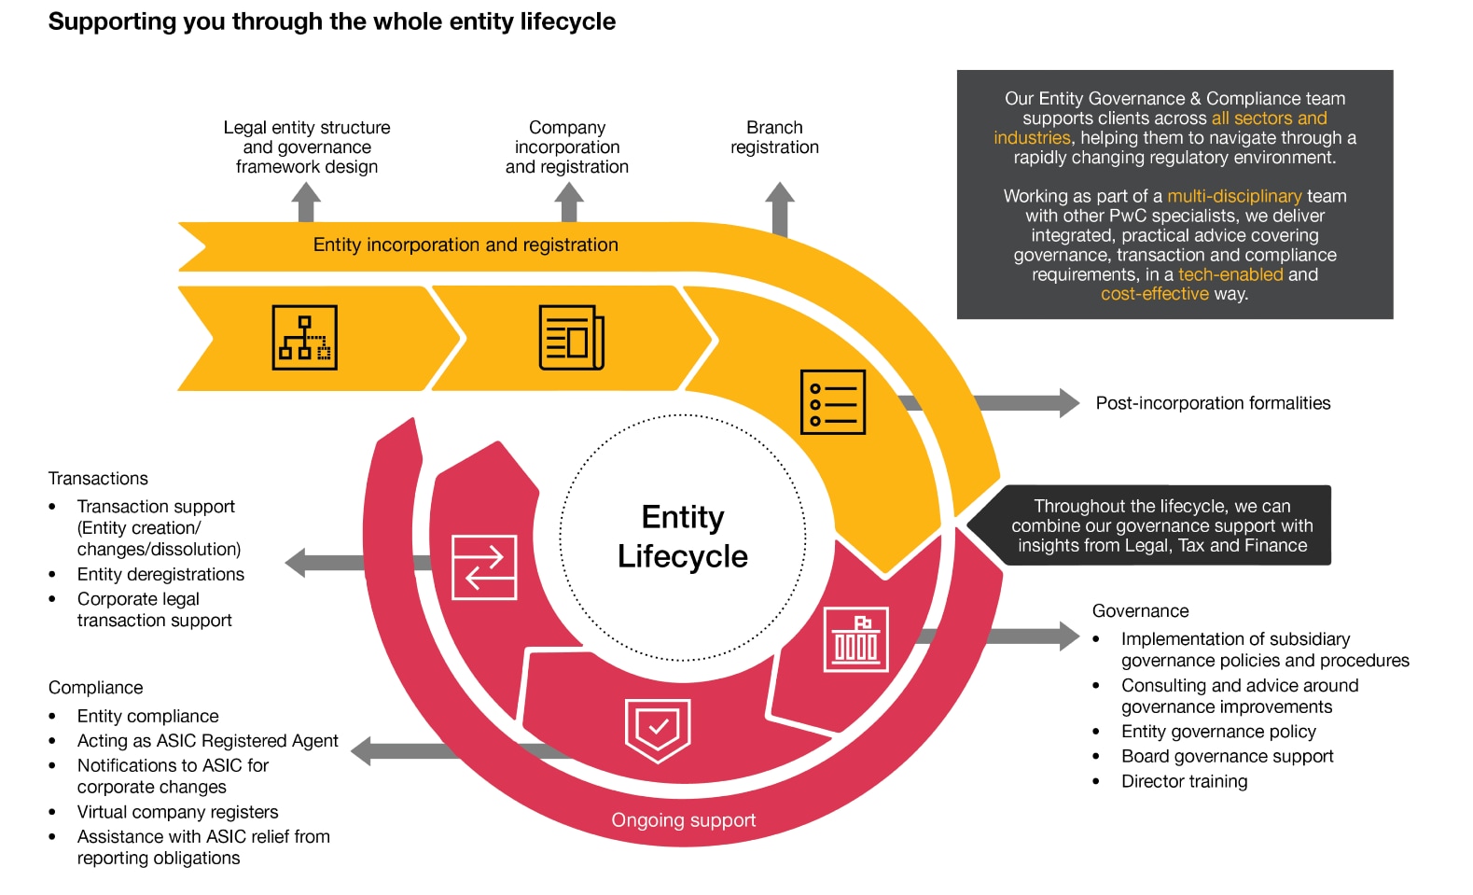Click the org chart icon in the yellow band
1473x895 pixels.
pyautogui.click(x=305, y=338)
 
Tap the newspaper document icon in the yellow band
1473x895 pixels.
pyautogui.click(x=571, y=338)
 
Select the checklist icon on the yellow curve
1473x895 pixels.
pyautogui.click(x=833, y=402)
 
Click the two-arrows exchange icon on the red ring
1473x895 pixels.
pyautogui.click(x=484, y=566)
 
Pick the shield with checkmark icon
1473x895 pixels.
pyautogui.click(x=658, y=729)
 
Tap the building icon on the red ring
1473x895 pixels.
pyautogui.click(x=855, y=639)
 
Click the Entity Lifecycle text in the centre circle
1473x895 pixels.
pyautogui.click(x=683, y=537)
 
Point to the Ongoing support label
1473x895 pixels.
pyautogui.click(x=683, y=820)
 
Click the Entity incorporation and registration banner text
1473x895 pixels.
pyautogui.click(x=466, y=245)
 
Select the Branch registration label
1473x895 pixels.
pyautogui.click(x=774, y=137)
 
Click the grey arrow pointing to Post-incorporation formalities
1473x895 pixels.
pyautogui.click(x=1026, y=403)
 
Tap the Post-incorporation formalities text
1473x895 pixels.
pyautogui.click(x=1213, y=403)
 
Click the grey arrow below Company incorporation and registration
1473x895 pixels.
pyautogui.click(x=569, y=202)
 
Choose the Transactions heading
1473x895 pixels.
pyautogui.click(x=98, y=479)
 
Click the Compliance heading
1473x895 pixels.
pyautogui.click(x=95, y=688)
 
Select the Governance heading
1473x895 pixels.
pyautogui.click(x=1140, y=611)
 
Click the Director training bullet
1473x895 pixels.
pyautogui.click(x=1184, y=782)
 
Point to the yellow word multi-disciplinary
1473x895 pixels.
pyautogui.click(x=1233, y=196)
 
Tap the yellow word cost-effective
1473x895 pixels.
pyautogui.click(x=1154, y=294)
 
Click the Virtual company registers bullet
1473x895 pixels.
pyautogui.click(x=177, y=812)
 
